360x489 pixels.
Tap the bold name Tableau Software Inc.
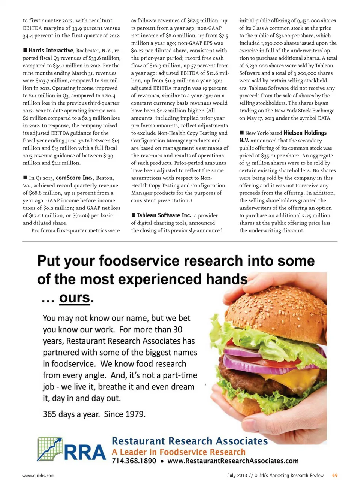(x=164, y=215)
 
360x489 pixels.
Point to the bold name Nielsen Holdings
(x=305, y=133)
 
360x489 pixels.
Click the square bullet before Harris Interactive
(x=25, y=50)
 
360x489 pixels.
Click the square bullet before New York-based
(x=242, y=133)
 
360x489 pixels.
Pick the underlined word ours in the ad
(x=75, y=298)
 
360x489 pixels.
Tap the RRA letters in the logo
(x=85, y=453)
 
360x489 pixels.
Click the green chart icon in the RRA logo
(x=49, y=449)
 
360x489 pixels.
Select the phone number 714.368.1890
(x=134, y=461)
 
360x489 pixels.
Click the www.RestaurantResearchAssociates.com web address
(x=233, y=461)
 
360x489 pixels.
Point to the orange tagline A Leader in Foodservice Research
(x=178, y=452)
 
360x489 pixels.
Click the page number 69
(x=335, y=476)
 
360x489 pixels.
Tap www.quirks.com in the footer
(x=39, y=476)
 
